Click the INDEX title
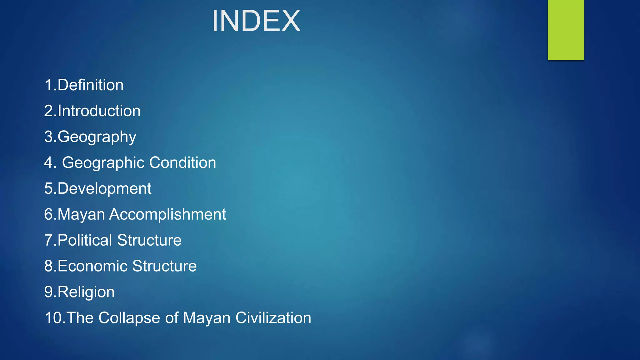[256, 21]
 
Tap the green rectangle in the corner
[566, 30]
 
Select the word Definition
[91, 85]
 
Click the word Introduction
[99, 111]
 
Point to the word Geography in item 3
[97, 137]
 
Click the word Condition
[182, 162]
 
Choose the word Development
[104, 188]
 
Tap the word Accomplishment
[167, 214]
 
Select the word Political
[85, 240]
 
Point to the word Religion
[86, 292]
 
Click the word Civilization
[273, 318]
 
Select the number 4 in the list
[48, 162]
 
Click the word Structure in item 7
[149, 240]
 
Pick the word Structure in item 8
[164, 266]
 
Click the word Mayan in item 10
[207, 318]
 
